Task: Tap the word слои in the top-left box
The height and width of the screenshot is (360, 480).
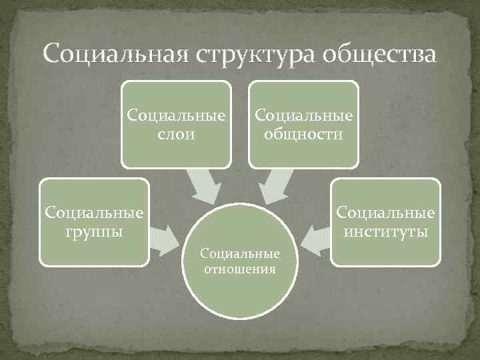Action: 177,135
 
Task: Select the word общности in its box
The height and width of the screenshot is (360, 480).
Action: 303,135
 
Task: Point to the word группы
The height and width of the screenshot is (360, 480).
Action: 93,231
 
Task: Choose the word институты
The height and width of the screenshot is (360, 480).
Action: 386,231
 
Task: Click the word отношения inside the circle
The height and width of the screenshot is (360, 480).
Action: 240,269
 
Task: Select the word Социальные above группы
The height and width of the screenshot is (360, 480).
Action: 93,213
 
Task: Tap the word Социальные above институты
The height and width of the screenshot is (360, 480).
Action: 386,213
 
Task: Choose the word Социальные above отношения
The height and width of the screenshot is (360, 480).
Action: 240,255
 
